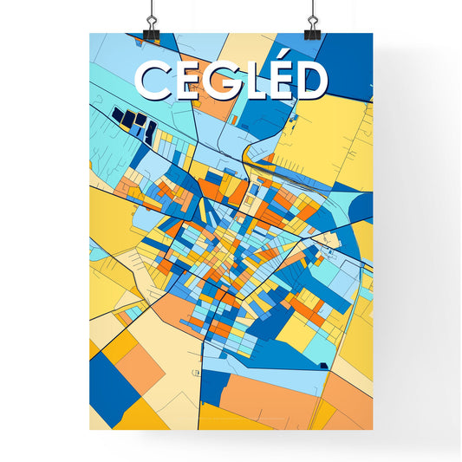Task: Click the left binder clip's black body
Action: pos(151,34)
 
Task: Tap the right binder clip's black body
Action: pos(312,34)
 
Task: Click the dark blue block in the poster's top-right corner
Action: pos(347,61)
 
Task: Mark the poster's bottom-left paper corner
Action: pos(90,429)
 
